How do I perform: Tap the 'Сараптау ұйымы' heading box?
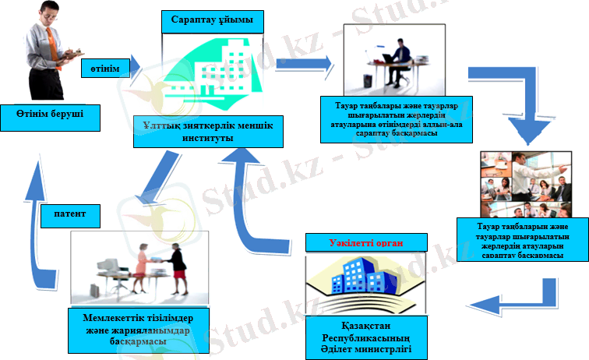(x=206, y=21)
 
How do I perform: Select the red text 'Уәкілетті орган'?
(x=365, y=242)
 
